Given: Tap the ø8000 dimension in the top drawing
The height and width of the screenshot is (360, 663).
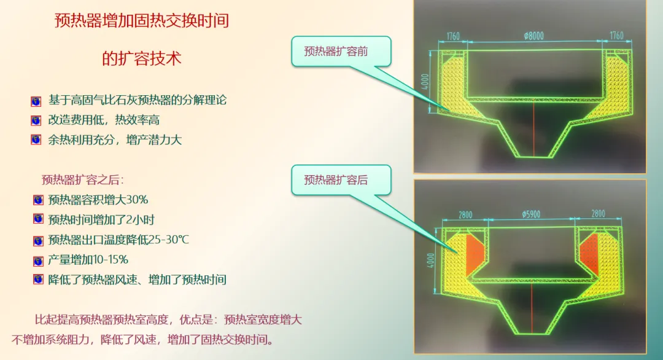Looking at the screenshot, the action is [533, 36].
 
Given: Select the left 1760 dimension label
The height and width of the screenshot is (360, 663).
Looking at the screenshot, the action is [454, 36].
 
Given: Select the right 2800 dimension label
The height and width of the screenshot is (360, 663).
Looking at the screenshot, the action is [598, 214].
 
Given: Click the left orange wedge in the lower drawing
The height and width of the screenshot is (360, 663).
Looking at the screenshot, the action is [475, 254].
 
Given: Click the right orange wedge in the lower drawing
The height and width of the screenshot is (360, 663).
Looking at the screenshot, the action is [589, 253].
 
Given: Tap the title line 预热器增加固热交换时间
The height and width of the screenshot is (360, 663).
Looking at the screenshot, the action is [142, 21].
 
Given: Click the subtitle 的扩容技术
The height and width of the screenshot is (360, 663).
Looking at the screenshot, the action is [142, 59].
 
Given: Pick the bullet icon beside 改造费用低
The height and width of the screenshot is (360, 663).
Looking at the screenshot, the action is [36, 120].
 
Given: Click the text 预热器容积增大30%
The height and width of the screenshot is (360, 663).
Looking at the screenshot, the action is [98, 200].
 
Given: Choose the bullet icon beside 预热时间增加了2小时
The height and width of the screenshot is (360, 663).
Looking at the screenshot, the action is [38, 219].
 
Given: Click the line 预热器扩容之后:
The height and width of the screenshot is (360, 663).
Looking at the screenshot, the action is [83, 180].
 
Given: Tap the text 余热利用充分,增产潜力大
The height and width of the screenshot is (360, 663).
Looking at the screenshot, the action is [115, 139].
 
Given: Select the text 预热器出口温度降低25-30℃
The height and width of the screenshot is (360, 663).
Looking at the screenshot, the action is [118, 240].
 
